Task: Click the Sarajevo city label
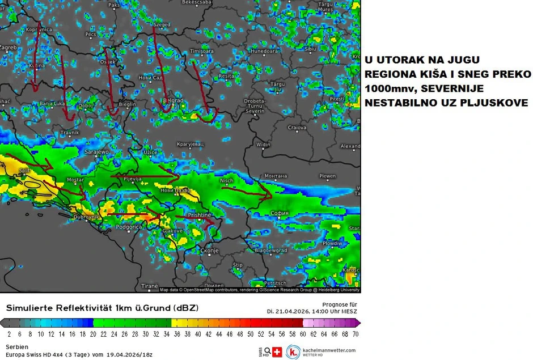point(96,153)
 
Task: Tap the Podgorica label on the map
point(128,227)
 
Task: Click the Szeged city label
point(162,25)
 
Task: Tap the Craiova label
point(297,128)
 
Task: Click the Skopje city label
point(209,250)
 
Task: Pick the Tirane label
point(150,286)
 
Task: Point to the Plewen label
point(327,176)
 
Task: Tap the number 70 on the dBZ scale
point(355,334)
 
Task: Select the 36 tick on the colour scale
point(176,334)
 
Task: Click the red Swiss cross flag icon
point(277,351)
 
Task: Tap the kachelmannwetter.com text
point(329,350)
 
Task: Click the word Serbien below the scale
point(17,346)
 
